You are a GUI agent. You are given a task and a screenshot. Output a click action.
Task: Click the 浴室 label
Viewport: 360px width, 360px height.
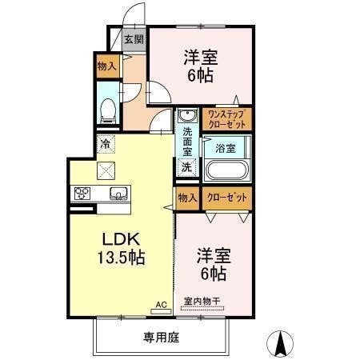click(225, 148)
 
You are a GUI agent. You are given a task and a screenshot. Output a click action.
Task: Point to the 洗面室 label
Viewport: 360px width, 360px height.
click(187, 142)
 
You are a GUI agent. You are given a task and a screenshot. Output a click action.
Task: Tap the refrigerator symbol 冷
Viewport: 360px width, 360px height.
click(106, 145)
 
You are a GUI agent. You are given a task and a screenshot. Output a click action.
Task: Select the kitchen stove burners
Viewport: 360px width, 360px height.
click(83, 194)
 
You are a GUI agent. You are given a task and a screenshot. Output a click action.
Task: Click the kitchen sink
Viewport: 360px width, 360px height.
click(118, 194)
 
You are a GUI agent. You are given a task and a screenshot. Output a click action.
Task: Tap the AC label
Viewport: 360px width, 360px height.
click(161, 305)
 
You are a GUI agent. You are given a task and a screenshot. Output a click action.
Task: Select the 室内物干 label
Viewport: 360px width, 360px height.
click(202, 301)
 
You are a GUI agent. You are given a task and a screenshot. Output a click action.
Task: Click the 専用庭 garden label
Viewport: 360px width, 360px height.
click(161, 338)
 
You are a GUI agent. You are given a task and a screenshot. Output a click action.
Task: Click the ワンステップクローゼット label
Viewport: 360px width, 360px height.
click(227, 119)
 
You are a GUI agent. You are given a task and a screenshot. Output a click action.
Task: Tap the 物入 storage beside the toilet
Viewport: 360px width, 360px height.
click(106, 66)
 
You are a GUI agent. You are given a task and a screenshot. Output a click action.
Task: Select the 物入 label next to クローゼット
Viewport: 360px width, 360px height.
click(186, 198)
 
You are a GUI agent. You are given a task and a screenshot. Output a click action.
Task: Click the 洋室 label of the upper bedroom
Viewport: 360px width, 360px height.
click(201, 58)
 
